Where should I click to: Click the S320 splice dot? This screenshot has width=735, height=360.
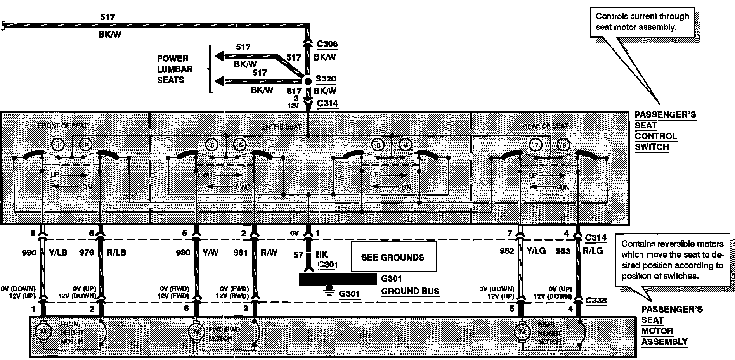pyautogui.click(x=307, y=81)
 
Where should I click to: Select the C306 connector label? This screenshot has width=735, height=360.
pyautogui.click(x=327, y=44)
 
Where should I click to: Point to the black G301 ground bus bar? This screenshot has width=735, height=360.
pyautogui.click(x=337, y=279)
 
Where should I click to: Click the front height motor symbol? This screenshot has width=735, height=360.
pyautogui.click(x=43, y=331)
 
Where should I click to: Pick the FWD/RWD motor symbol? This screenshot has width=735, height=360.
pyautogui.click(x=196, y=331)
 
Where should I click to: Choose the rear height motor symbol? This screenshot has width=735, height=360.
pyautogui.click(x=522, y=332)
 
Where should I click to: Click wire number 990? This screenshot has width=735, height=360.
pyautogui.click(x=29, y=253)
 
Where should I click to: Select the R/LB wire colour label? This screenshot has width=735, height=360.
pyautogui.click(x=116, y=253)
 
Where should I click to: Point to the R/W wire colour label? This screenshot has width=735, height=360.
pyautogui.click(x=269, y=253)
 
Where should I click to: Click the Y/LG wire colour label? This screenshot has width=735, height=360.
pyautogui.click(x=536, y=251)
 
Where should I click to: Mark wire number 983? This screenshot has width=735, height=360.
pyautogui.click(x=563, y=251)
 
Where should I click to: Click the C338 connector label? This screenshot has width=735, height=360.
pyautogui.click(x=596, y=300)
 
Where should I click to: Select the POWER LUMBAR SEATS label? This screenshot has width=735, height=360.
pyautogui.click(x=175, y=69)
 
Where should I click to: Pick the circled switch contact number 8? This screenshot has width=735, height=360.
pyautogui.click(x=563, y=145)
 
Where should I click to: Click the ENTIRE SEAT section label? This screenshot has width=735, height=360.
pyautogui.click(x=281, y=126)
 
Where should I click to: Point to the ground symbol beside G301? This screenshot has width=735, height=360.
pyautogui.click(x=329, y=289)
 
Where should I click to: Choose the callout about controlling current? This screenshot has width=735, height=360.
pyautogui.click(x=642, y=22)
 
